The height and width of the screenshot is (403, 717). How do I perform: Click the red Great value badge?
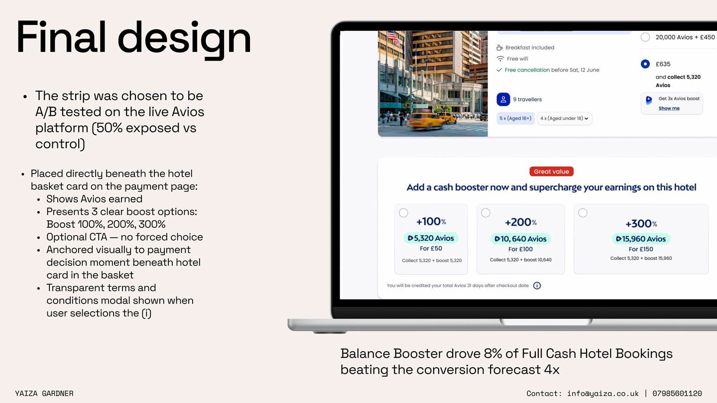551,172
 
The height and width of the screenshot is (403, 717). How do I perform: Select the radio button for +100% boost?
403,213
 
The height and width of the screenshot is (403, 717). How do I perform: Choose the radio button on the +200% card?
485,213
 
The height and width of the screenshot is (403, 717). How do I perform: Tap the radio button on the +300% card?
583,213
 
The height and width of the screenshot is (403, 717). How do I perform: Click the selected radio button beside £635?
645,64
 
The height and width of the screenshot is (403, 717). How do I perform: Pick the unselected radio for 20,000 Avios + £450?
645,37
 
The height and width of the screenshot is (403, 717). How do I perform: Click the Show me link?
669,108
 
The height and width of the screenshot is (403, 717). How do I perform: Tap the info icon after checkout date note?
537,286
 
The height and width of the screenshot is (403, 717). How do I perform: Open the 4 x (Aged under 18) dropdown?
564,118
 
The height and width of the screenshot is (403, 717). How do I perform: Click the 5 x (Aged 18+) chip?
515,118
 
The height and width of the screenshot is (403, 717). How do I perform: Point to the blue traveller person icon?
503,99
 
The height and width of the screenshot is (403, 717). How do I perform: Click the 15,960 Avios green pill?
641,239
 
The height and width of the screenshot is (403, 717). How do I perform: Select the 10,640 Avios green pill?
520,239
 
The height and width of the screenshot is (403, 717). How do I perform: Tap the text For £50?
431,249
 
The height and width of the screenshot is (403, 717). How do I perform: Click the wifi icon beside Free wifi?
500,59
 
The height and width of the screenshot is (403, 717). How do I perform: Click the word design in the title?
184,38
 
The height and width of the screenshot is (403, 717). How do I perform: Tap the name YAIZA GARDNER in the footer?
44,394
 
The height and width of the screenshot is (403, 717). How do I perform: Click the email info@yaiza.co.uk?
602,394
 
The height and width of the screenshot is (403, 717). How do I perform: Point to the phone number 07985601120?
677,394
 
